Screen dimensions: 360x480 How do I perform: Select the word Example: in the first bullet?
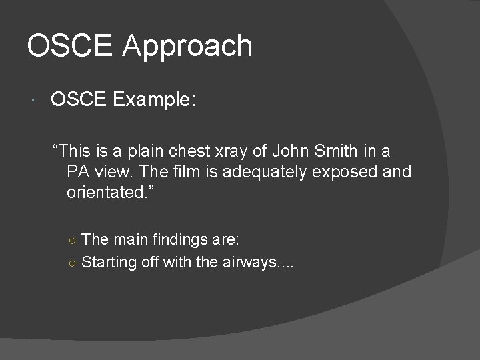tap(154, 100)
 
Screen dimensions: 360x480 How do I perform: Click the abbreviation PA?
tap(78, 172)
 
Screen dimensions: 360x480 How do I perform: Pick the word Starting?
tap(109, 262)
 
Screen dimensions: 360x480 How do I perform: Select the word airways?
tap(255, 262)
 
